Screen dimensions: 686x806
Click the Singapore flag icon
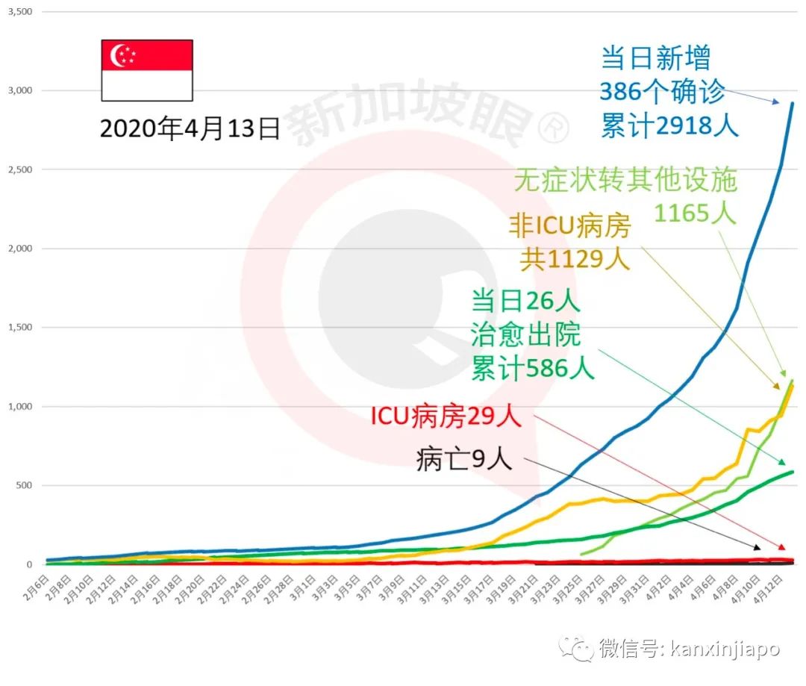click(x=147, y=70)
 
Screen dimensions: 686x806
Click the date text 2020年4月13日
click(x=190, y=128)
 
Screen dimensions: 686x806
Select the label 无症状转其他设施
click(x=625, y=180)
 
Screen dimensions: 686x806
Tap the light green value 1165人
click(x=695, y=213)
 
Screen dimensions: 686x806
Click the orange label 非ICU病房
click(x=570, y=226)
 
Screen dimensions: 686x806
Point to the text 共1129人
click(x=575, y=259)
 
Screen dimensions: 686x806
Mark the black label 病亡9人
click(x=464, y=460)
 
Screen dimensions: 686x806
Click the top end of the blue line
click(x=792, y=103)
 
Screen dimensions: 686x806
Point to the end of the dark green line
click(x=792, y=471)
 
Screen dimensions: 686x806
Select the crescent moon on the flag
click(x=118, y=55)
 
